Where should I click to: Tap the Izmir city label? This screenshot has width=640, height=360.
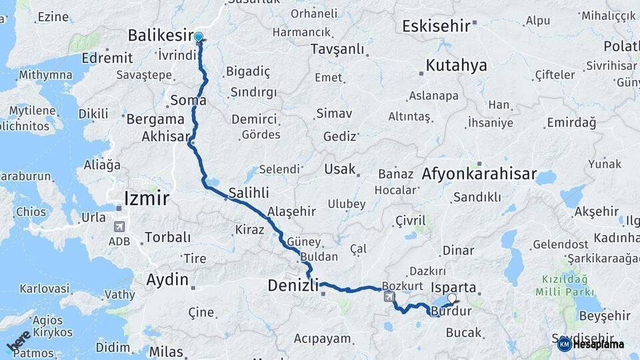click(147, 198)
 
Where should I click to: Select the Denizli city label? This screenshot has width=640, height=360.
click(294, 285)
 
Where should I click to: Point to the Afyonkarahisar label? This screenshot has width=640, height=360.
click(479, 175)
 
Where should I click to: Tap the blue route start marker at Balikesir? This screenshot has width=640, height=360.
click(198, 37)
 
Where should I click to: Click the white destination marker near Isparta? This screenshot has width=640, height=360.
click(453, 299)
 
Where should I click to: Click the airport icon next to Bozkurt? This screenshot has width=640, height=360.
click(389, 296)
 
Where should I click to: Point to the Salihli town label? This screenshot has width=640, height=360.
click(249, 193)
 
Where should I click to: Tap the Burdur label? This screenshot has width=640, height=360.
click(451, 312)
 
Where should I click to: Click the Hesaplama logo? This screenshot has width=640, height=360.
click(591, 344)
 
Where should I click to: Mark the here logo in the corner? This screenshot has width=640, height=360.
click(19, 341)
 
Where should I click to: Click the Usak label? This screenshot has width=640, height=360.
click(340, 169)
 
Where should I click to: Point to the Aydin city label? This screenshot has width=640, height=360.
click(167, 280)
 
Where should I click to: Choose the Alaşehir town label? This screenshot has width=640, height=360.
click(291, 211)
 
